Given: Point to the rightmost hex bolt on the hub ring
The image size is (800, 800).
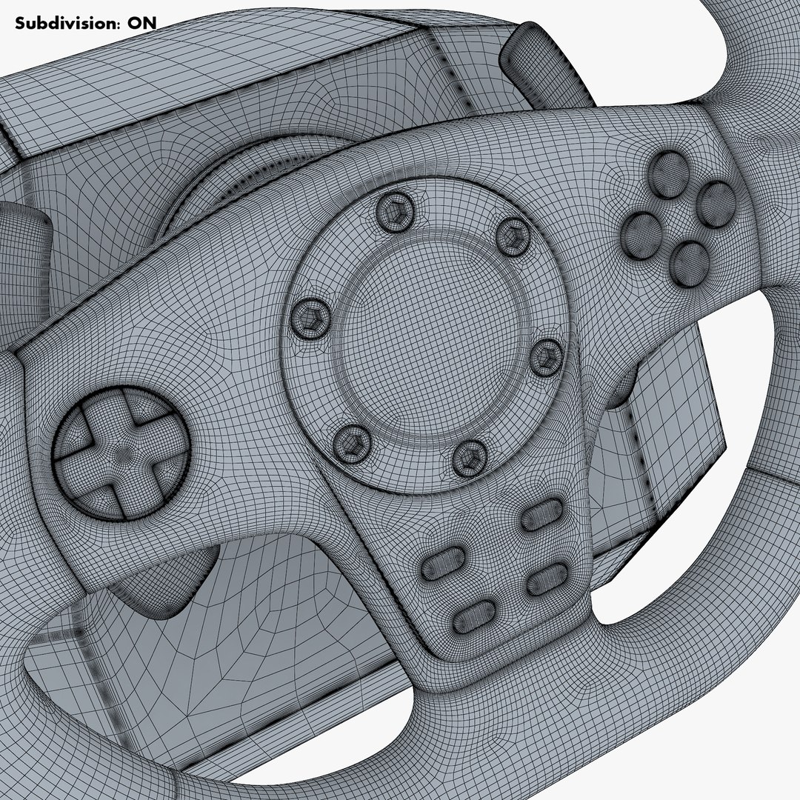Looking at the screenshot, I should [547, 356].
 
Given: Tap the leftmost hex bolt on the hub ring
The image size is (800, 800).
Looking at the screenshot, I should [309, 318].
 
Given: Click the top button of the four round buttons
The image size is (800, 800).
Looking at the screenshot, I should [670, 174].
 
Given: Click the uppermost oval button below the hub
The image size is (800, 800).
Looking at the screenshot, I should [542, 513].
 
